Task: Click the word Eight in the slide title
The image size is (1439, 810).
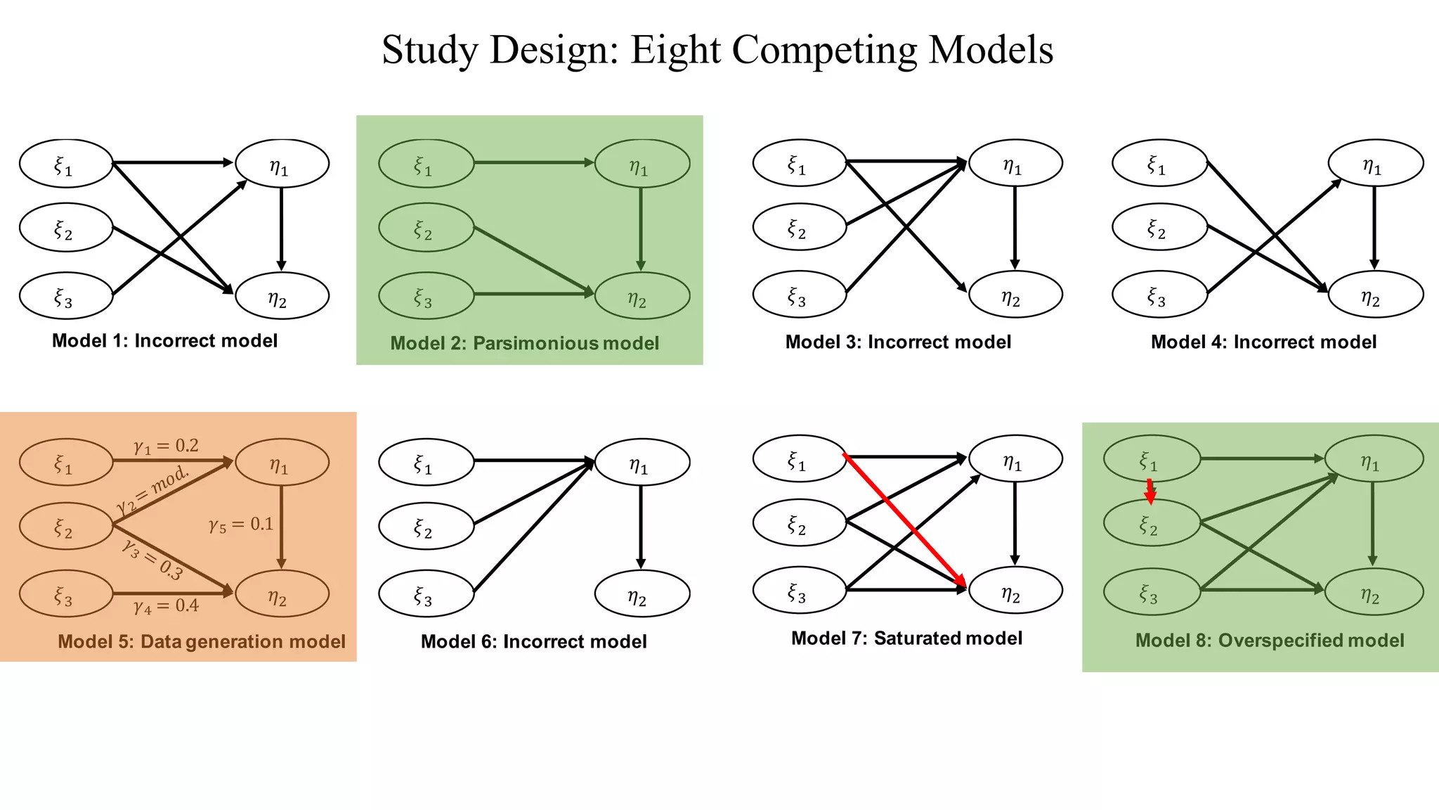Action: (675, 50)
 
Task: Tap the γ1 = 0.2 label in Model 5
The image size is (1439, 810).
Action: (167, 446)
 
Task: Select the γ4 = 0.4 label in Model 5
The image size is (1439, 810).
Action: (167, 605)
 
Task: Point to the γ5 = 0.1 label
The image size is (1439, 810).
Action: (241, 525)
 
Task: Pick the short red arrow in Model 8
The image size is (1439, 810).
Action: (1150, 491)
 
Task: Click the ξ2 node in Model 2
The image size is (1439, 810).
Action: (426, 227)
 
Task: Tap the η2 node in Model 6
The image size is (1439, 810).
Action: (642, 593)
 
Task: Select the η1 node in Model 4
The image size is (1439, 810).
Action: (1375, 163)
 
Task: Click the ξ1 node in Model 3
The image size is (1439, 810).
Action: (799, 163)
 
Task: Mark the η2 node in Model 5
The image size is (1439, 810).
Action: (282, 594)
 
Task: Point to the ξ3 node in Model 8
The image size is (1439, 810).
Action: (1151, 592)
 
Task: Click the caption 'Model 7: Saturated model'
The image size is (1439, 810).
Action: (906, 638)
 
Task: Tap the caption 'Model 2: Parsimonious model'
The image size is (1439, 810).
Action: (524, 343)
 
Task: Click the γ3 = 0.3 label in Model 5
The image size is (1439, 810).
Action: (152, 559)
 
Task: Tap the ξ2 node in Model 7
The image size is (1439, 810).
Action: (799, 522)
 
